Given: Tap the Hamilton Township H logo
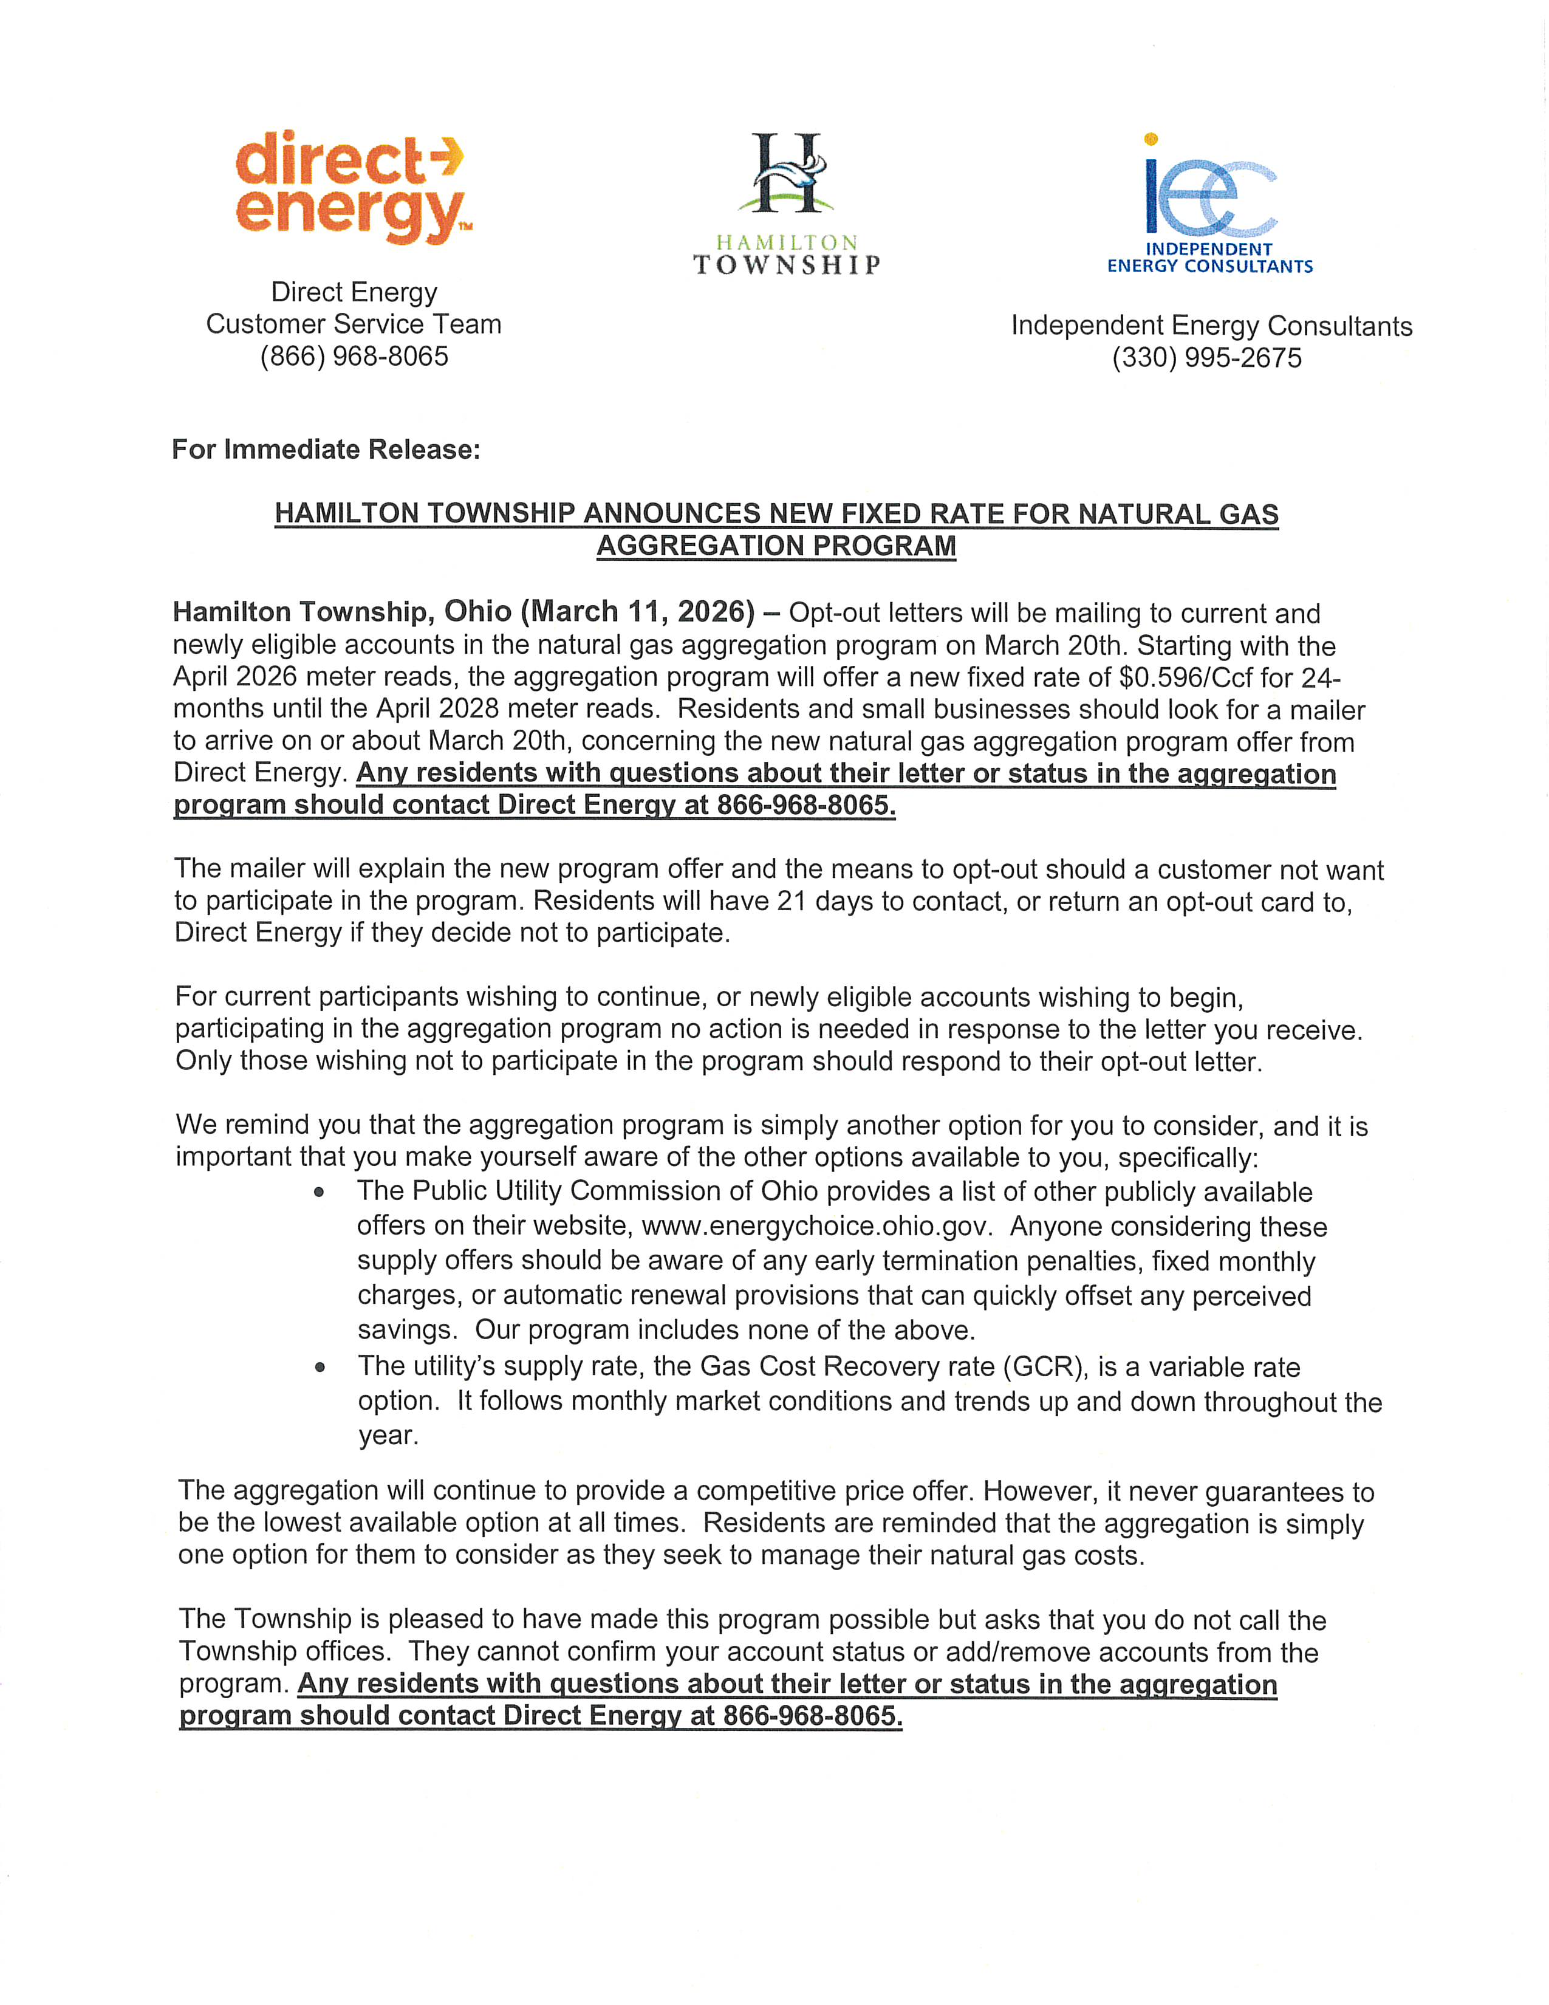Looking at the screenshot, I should (787, 174).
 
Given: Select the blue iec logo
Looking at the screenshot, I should (1209, 194).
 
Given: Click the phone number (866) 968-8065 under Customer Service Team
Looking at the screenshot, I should (354, 356).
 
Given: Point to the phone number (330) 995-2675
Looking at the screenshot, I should (1207, 358).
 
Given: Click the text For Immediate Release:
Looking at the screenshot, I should (326, 449).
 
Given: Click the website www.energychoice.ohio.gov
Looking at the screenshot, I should (816, 1227).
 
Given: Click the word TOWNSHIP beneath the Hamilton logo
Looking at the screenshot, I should (787, 266).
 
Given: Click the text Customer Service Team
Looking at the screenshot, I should (354, 324).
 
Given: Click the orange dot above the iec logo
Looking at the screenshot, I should (1151, 139).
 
